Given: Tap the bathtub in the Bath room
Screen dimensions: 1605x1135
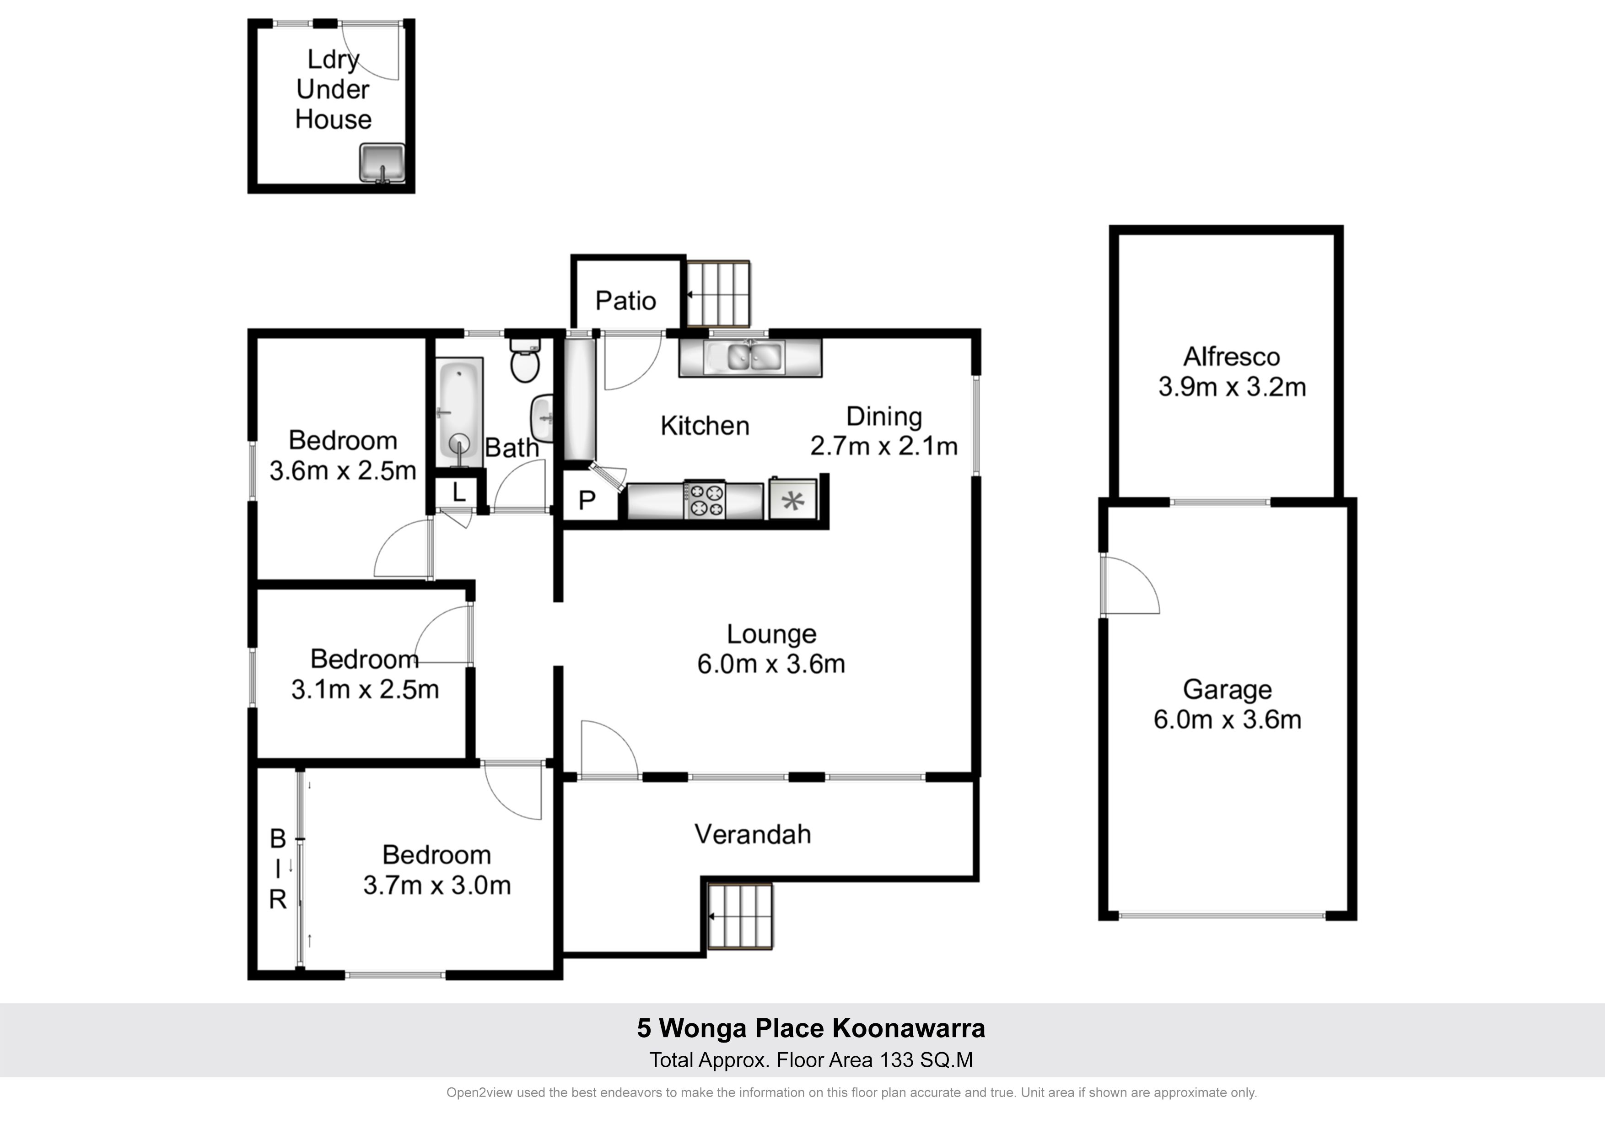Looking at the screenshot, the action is tap(459, 412).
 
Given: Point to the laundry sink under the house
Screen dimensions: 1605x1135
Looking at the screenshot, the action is tap(382, 163).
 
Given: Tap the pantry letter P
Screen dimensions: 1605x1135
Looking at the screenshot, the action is tap(587, 500).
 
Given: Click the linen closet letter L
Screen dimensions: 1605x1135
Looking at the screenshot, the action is tap(458, 492).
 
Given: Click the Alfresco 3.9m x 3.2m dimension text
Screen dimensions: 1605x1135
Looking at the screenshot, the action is tap(1232, 387).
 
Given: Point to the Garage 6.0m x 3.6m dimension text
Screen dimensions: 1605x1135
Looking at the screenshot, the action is tap(1228, 719).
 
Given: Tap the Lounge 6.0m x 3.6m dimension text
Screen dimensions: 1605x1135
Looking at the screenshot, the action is tap(771, 664).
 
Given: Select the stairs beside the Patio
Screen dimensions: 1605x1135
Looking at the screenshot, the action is tap(718, 294).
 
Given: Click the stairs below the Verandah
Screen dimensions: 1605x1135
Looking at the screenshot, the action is tap(740, 916).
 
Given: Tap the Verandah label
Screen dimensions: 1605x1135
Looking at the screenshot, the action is tap(753, 834).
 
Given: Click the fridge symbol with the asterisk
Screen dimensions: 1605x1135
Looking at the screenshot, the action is tap(793, 498).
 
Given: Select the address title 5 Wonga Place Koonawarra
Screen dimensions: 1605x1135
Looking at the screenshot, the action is tap(811, 1028).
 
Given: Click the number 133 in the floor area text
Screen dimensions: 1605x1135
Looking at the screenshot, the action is tap(896, 1060).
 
